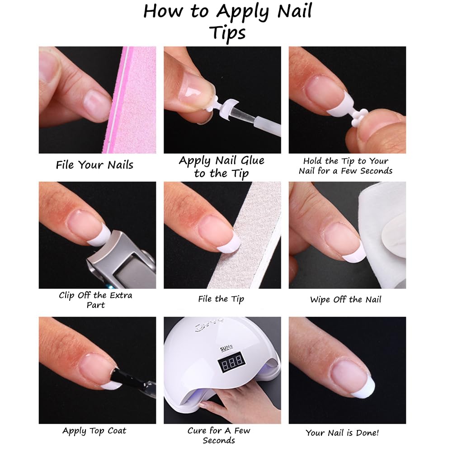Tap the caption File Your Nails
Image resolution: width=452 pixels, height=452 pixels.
(94, 165)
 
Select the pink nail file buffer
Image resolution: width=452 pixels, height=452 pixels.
(133, 99)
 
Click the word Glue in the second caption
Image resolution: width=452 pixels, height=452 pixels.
(246, 161)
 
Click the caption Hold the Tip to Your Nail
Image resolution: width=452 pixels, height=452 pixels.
(346, 166)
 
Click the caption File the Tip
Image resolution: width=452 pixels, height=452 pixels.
(221, 299)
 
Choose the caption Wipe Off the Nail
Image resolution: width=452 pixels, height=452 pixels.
(346, 300)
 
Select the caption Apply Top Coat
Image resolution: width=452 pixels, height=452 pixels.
(94, 431)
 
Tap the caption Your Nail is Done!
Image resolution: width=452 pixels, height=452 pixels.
(342, 433)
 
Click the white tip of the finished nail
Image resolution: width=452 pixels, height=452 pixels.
(367, 388)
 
